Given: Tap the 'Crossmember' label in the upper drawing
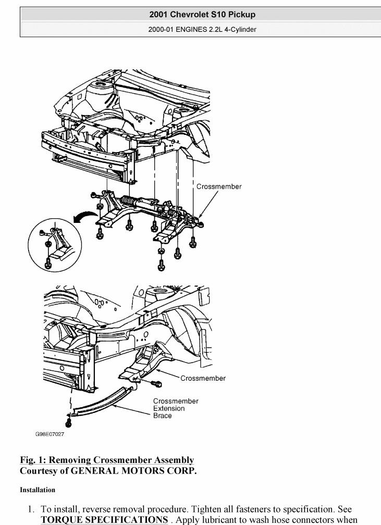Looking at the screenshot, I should coord(218,186).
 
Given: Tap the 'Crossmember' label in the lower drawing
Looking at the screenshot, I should coord(203,378).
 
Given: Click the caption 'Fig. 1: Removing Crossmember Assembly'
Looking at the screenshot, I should coord(107,460).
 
